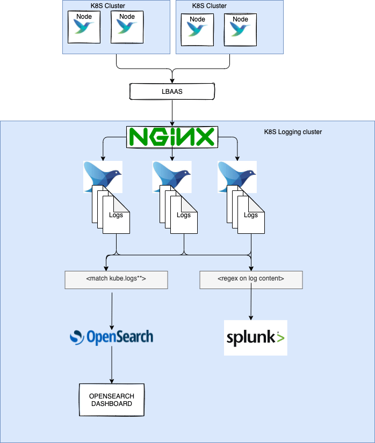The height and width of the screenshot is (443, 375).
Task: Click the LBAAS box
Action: coord(172,92)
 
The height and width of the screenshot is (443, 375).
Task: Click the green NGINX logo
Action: coord(172,137)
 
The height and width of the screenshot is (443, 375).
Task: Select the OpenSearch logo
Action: coord(112,337)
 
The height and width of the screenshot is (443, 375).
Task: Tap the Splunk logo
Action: coord(255,338)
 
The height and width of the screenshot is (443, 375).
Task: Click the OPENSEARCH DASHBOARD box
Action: coord(112,400)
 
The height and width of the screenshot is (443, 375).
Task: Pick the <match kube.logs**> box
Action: coord(116,279)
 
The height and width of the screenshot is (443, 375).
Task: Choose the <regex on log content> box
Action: coord(251,279)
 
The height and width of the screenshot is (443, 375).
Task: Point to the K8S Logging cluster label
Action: coord(293,132)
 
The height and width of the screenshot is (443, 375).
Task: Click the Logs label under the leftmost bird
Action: coord(116,215)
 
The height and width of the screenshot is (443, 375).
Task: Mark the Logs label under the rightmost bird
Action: coord(251,215)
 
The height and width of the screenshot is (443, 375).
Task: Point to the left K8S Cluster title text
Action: coord(108,6)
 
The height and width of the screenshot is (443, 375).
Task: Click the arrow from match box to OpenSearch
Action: coord(112,308)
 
